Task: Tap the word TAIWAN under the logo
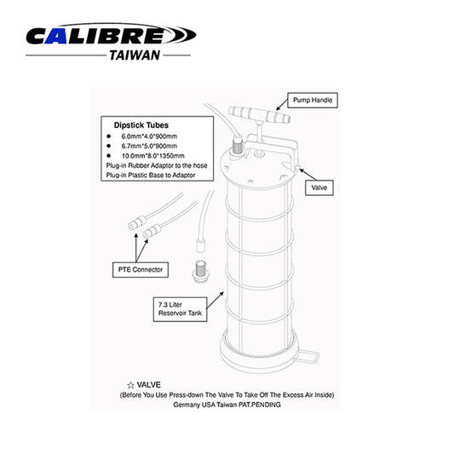135,55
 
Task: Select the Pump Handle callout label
313,101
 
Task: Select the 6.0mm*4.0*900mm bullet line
148,135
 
